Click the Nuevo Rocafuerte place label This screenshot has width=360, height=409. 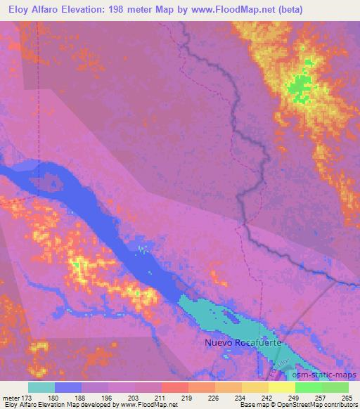click(x=238, y=343)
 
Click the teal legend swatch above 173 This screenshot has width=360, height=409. click(x=41, y=387)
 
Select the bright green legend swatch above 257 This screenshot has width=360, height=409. click(x=309, y=387)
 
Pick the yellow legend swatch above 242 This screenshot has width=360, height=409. click(x=255, y=387)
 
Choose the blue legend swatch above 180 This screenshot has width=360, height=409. click(x=68, y=387)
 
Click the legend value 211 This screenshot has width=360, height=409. click(x=162, y=398)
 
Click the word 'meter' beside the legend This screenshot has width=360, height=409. click(x=12, y=398)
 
